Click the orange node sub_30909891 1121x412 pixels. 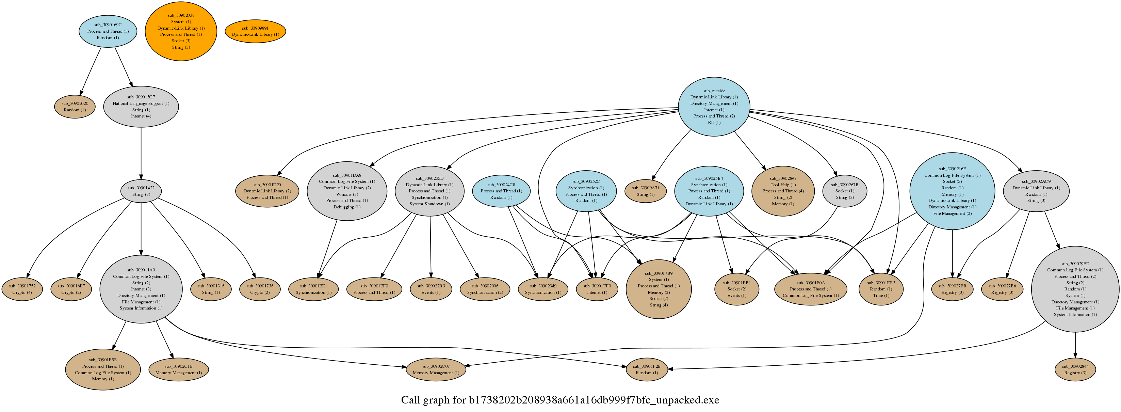coord(255,31)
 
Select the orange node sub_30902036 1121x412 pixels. coord(181,31)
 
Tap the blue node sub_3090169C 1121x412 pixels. coord(108,31)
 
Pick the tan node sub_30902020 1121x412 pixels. coord(75,107)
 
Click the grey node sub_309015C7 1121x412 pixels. coord(141,107)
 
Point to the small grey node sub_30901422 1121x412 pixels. coord(141,191)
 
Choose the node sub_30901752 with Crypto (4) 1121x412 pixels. coord(22,289)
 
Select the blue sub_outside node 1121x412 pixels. coord(714,107)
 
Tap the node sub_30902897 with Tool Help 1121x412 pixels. coord(783,191)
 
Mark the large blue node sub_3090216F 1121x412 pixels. coord(952,191)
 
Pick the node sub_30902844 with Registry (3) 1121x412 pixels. coord(1075,369)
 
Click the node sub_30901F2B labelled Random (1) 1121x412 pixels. coord(646,369)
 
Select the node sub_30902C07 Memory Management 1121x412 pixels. coord(436,369)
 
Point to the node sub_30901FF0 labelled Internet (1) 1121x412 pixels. coord(597,289)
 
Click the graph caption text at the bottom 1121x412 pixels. coord(560,400)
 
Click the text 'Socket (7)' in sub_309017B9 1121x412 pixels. coord(659,299)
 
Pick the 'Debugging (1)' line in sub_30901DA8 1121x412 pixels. coord(347,207)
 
